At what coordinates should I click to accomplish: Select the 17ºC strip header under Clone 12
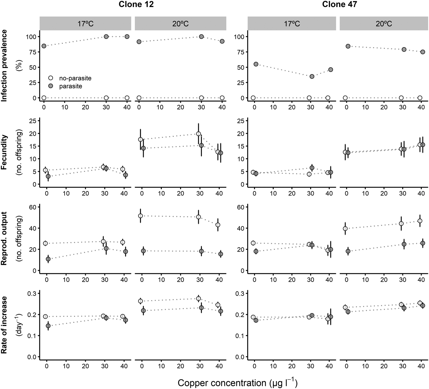(85, 24)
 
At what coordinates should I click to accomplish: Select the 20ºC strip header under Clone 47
(384, 24)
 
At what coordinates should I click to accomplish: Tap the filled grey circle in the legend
(51, 86)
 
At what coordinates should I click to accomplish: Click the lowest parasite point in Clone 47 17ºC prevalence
(312, 76)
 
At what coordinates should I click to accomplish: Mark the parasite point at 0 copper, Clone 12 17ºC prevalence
(44, 46)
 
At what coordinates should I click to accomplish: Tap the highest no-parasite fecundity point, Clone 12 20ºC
(199, 134)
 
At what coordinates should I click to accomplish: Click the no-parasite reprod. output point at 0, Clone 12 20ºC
(140, 216)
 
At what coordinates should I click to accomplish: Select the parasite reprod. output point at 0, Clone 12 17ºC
(48, 259)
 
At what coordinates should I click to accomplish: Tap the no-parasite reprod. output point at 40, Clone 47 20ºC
(420, 221)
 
